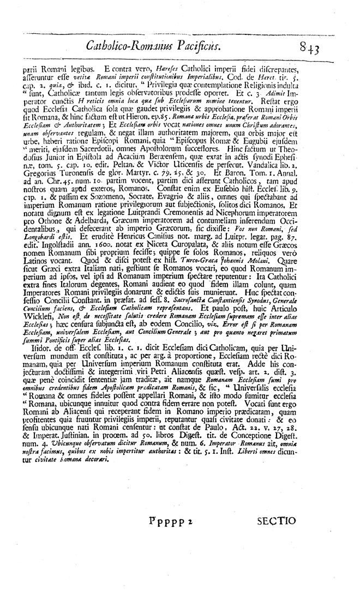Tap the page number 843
point(309,50)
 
